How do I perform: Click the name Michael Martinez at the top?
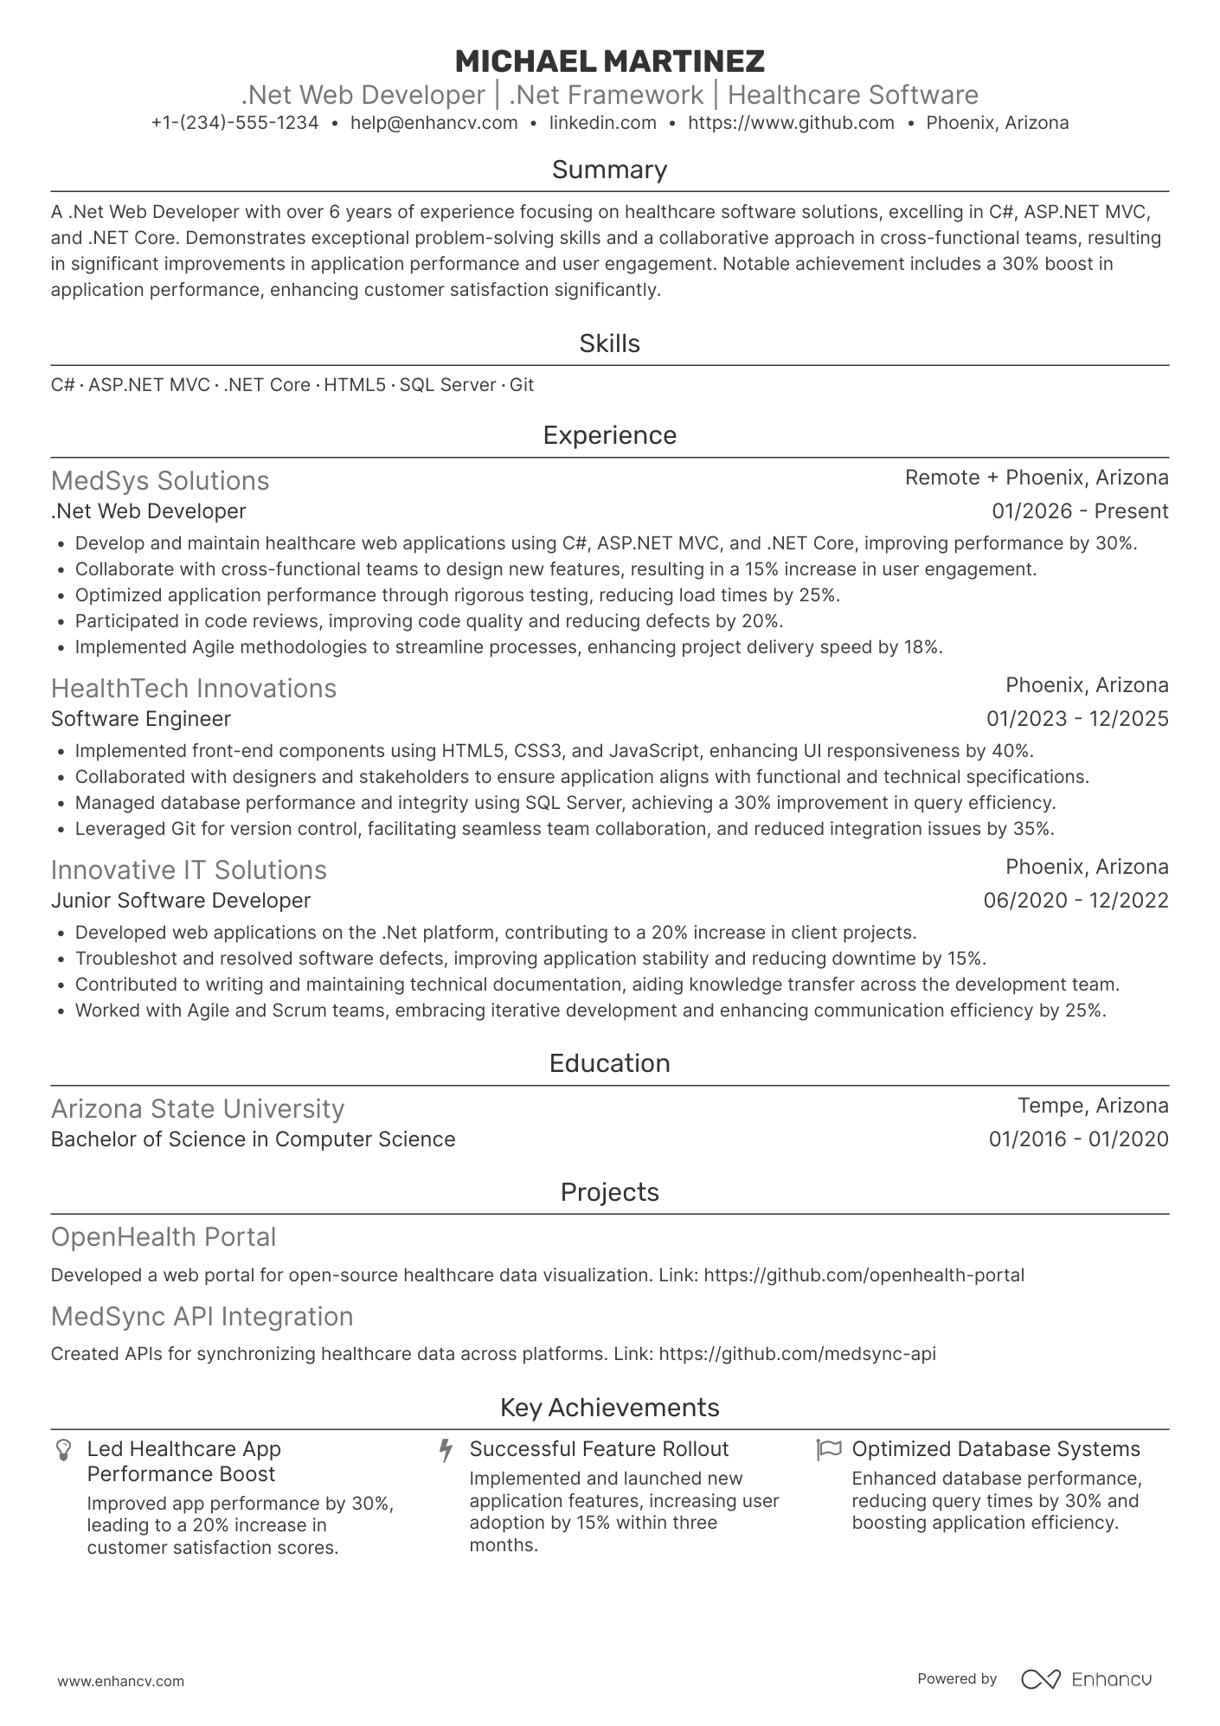[x=609, y=61]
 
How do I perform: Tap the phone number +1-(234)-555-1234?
[x=234, y=123]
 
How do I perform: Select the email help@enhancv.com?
[x=433, y=123]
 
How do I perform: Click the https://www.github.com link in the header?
[x=791, y=123]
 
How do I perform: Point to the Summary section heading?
[x=609, y=170]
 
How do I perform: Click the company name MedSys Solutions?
[x=160, y=481]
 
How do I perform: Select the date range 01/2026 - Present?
[x=1080, y=511]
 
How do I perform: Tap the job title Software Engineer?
[x=141, y=719]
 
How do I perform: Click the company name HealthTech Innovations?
[x=193, y=689]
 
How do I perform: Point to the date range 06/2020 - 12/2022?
[x=1076, y=901]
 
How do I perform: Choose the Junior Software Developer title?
[x=180, y=901]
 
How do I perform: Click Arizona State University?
[x=197, y=1109]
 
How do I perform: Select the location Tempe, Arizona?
[x=1093, y=1106]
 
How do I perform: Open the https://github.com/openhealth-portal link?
[x=864, y=1275]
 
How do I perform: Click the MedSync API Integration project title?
[x=202, y=1317]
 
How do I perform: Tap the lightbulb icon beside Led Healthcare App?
[x=63, y=1450]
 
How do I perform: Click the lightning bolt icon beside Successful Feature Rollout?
[x=446, y=1450]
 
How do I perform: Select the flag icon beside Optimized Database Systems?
[x=829, y=1449]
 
